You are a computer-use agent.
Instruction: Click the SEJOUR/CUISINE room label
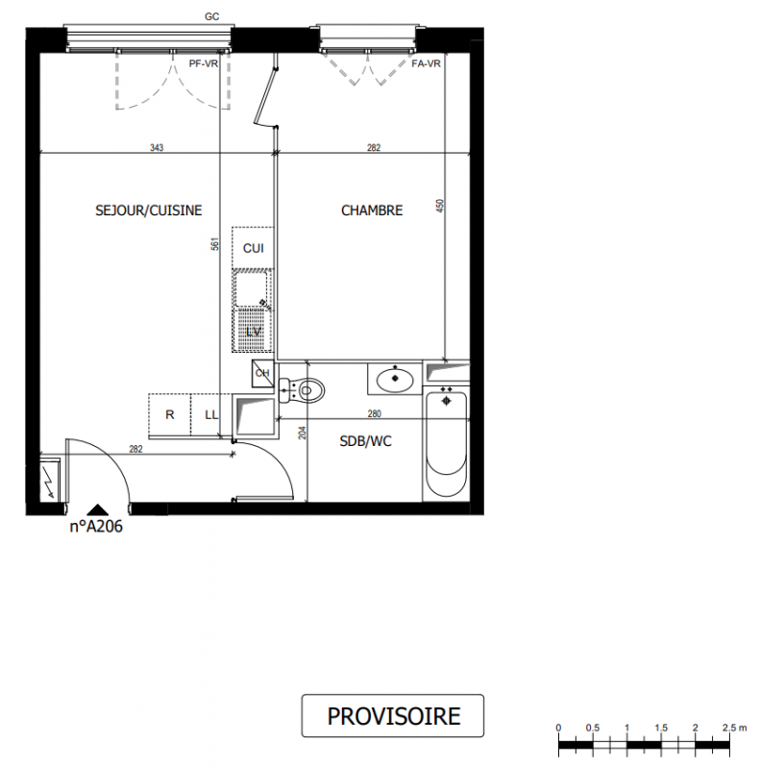click(x=149, y=211)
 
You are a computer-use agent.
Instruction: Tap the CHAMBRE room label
click(x=372, y=211)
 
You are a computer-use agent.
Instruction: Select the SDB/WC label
click(x=365, y=441)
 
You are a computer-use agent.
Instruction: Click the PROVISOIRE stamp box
click(x=393, y=715)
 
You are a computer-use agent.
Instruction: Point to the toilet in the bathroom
click(x=302, y=390)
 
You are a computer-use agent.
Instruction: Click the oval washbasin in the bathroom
click(x=395, y=380)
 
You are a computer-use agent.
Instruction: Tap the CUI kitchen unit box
click(x=253, y=248)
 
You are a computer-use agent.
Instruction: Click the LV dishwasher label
click(x=254, y=332)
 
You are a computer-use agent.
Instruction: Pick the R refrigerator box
click(x=170, y=414)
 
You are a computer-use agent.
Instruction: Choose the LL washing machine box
click(x=210, y=414)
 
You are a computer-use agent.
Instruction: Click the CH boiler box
click(x=262, y=373)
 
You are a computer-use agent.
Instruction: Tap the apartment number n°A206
click(x=96, y=526)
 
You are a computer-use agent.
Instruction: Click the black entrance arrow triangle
click(x=98, y=509)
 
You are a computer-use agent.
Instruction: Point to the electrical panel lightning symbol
click(x=50, y=481)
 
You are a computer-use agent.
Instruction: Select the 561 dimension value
click(x=215, y=244)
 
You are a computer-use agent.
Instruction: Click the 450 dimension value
click(x=440, y=206)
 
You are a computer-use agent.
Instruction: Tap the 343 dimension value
click(x=157, y=147)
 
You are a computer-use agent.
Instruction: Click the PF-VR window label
click(x=204, y=63)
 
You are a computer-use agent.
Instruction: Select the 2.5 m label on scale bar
click(x=734, y=728)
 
